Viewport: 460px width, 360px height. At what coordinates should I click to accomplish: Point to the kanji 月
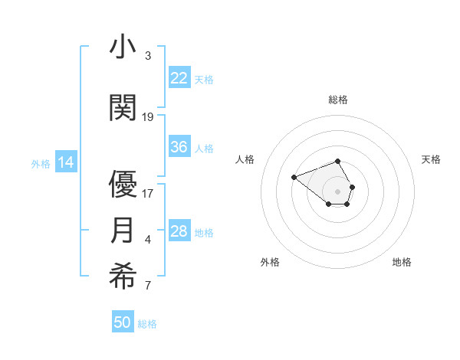tap(123, 231)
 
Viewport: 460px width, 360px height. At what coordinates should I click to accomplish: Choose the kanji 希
tap(123, 278)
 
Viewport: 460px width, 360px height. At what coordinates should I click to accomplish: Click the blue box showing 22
tap(179, 78)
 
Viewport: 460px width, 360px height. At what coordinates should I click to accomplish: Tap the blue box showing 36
tap(179, 147)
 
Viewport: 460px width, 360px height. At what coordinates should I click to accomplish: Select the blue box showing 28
tap(179, 231)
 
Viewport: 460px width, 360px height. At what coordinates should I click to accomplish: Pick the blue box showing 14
tap(66, 162)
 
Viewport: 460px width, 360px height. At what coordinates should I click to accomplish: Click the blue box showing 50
tap(123, 322)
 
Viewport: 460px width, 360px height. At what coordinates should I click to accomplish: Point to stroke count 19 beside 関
tap(148, 117)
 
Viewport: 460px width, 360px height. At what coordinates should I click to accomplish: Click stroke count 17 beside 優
tap(148, 194)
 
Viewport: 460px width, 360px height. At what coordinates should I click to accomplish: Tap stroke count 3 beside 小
tap(148, 56)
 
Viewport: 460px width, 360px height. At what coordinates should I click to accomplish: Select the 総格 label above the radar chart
tap(338, 100)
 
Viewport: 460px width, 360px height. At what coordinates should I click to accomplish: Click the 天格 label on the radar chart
tap(432, 159)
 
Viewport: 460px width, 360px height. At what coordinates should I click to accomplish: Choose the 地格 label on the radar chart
tap(402, 262)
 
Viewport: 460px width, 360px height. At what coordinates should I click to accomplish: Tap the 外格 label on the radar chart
tap(270, 262)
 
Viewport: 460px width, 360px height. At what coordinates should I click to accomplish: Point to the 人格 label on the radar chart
tap(245, 159)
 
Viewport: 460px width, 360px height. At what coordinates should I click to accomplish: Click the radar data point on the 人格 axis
tap(294, 178)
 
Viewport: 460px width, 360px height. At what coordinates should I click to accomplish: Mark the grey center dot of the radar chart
tap(338, 191)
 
